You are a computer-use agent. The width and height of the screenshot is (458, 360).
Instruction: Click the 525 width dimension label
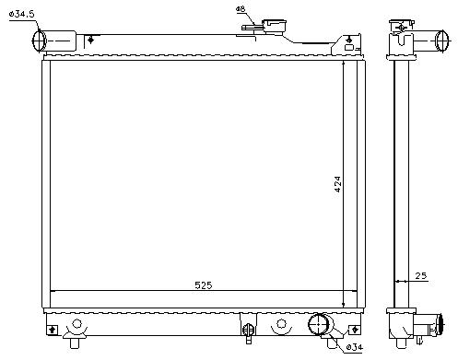[204, 285]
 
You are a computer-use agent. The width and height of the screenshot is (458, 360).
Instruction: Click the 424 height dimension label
[337, 184]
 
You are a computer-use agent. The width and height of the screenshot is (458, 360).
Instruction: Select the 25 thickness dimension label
[421, 275]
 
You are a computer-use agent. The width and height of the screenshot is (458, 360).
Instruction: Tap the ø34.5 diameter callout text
[22, 14]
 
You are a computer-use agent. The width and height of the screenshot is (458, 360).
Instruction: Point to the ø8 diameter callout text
[241, 9]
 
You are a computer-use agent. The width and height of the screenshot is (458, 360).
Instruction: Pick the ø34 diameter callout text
[354, 347]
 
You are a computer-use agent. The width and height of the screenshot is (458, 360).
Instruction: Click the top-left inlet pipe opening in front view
[39, 41]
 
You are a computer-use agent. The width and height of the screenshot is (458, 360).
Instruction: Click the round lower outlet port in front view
[318, 324]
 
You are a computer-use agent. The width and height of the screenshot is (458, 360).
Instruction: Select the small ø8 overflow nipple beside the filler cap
[252, 28]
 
